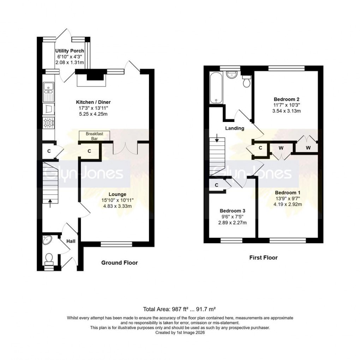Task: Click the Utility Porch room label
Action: (70, 51)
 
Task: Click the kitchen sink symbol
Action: (48, 91)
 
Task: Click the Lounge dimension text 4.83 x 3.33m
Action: (118, 206)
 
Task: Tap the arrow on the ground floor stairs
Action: (50, 202)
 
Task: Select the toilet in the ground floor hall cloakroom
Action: (49, 259)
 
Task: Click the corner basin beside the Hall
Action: (47, 240)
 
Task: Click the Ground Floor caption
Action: (119, 263)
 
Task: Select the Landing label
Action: (235, 128)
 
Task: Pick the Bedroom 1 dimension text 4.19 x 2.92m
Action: (288, 204)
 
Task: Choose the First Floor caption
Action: (263, 258)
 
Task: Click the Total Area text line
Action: (180, 309)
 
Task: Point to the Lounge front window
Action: (116, 243)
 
